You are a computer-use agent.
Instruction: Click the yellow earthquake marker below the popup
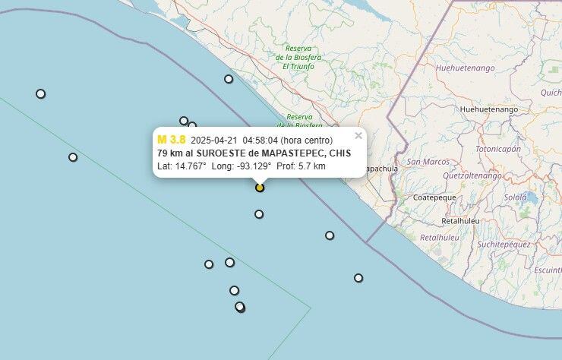260,187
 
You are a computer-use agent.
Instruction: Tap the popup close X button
358,136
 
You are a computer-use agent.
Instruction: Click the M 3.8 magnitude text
171,140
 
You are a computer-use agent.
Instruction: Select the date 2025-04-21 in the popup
214,141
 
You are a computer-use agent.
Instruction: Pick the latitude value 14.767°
189,166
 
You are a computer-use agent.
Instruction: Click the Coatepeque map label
434,197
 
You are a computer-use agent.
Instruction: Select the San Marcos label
428,162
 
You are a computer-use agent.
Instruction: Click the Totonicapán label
498,149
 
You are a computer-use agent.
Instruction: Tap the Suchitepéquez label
504,244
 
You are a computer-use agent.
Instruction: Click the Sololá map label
516,197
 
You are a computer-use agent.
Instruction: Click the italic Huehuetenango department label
466,68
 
